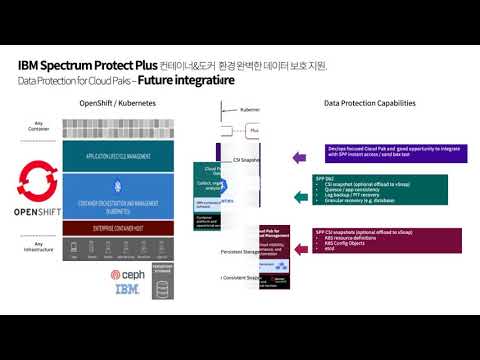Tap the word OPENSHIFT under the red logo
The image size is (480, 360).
[36, 213]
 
